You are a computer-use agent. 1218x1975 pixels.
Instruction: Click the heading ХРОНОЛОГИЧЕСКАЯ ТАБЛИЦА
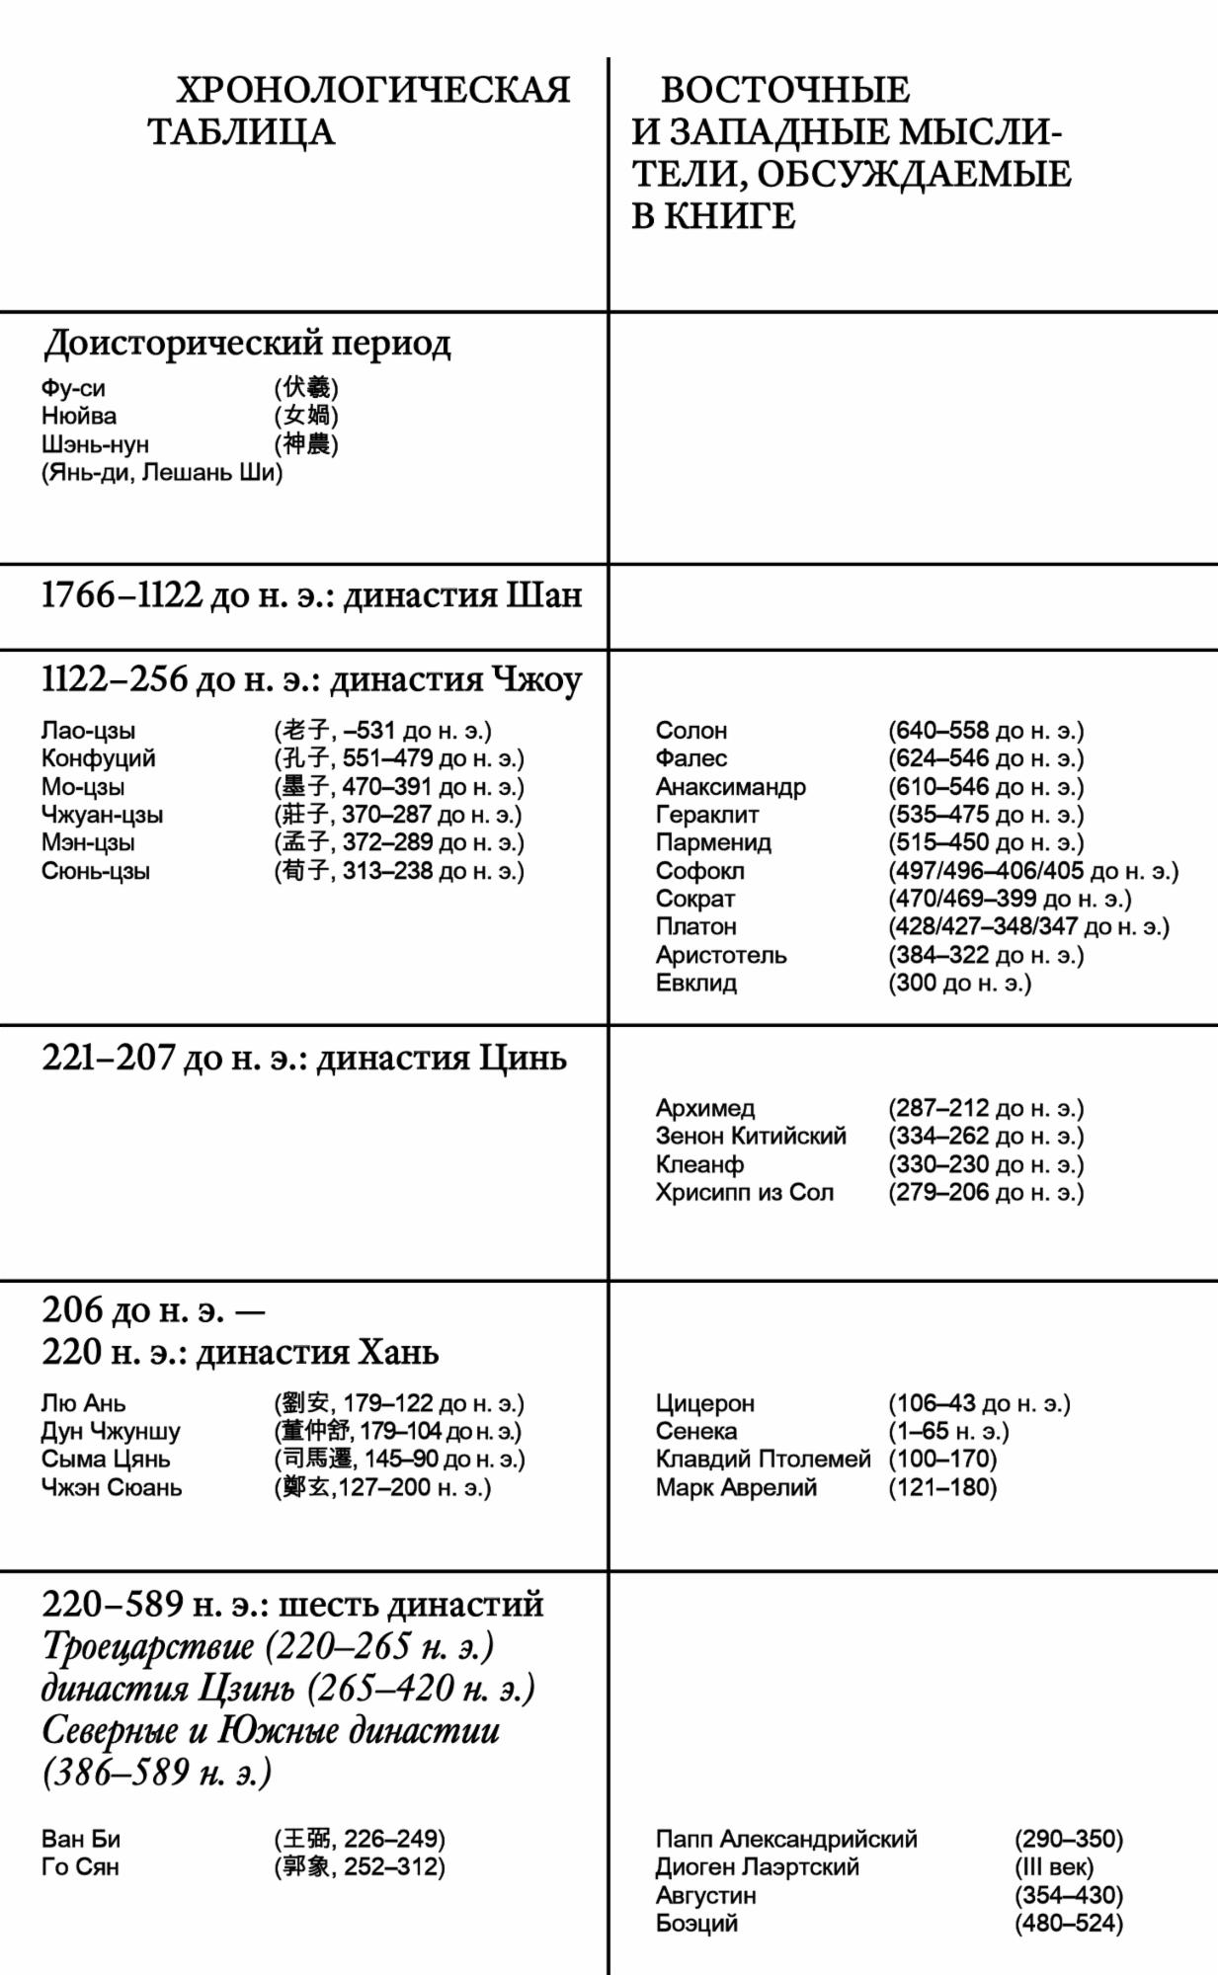pos(359,111)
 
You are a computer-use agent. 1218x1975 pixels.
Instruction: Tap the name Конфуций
pos(98,758)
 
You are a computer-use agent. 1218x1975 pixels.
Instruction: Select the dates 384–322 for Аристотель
pos(985,955)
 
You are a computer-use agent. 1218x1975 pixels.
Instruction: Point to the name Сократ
pos(694,899)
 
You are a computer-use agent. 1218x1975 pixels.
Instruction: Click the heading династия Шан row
pos(311,596)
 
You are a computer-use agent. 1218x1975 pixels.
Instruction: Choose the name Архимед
pos(704,1108)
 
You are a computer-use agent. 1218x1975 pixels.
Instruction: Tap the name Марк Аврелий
pos(736,1487)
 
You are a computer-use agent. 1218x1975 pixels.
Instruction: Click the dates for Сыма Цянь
pos(399,1460)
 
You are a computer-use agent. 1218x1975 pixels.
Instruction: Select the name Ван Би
pos(80,1839)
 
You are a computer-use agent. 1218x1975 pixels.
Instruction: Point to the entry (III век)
pos(1053,1867)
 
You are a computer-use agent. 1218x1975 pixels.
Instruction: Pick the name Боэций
pos(695,1923)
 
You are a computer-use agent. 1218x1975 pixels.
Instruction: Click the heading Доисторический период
pos(247,344)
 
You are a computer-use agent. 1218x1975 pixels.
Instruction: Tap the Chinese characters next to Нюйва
pos(306,416)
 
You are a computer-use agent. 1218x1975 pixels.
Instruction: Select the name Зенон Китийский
pos(751,1136)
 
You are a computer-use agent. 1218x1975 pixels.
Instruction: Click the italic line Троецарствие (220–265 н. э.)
pos(268,1647)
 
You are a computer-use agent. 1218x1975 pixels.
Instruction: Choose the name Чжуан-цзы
pos(102,815)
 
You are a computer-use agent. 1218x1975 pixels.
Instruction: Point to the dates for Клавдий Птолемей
pos(941,1459)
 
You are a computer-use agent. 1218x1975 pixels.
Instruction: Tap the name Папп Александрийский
pos(786,1839)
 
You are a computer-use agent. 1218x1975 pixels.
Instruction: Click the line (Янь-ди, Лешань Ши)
pos(161,472)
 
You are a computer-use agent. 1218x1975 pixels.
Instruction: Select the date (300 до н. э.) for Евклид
pos(958,983)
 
